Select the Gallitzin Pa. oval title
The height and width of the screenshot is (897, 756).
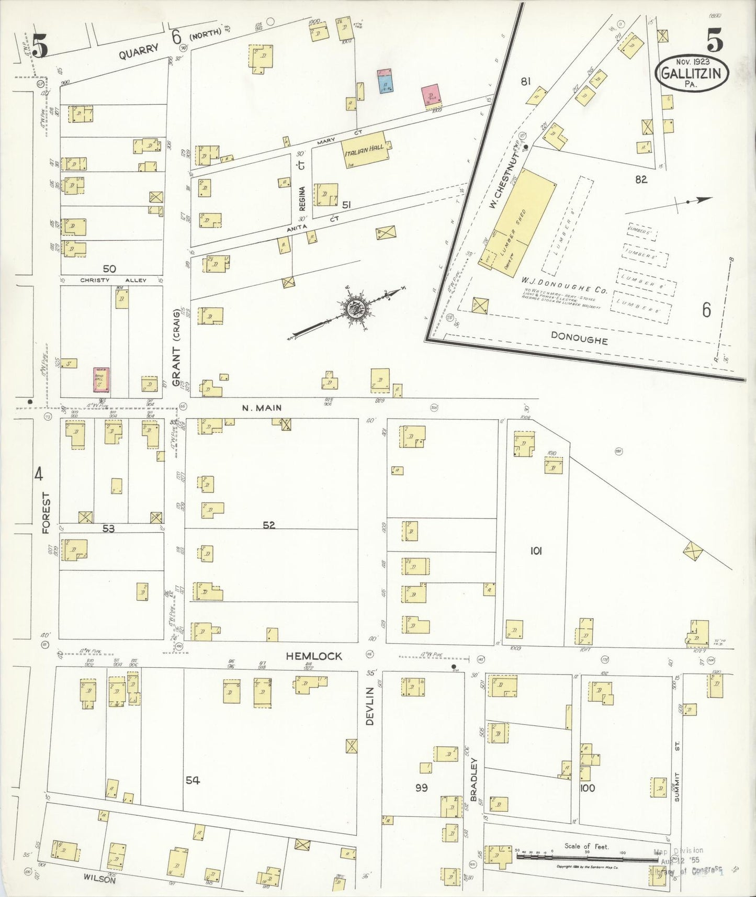pos(692,74)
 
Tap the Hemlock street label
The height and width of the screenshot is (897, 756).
pos(314,656)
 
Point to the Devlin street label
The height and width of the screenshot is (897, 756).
pos(370,707)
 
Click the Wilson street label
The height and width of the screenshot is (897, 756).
pos(99,880)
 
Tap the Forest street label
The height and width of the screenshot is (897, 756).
pos(46,513)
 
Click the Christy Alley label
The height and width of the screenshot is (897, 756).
pos(113,281)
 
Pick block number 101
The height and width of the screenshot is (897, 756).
pos(536,551)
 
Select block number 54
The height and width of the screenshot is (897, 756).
pos(193,780)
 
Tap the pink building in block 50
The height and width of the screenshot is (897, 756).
pos(101,379)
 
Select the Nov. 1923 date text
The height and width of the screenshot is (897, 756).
pos(692,62)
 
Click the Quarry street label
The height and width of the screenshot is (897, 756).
pos(138,51)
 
